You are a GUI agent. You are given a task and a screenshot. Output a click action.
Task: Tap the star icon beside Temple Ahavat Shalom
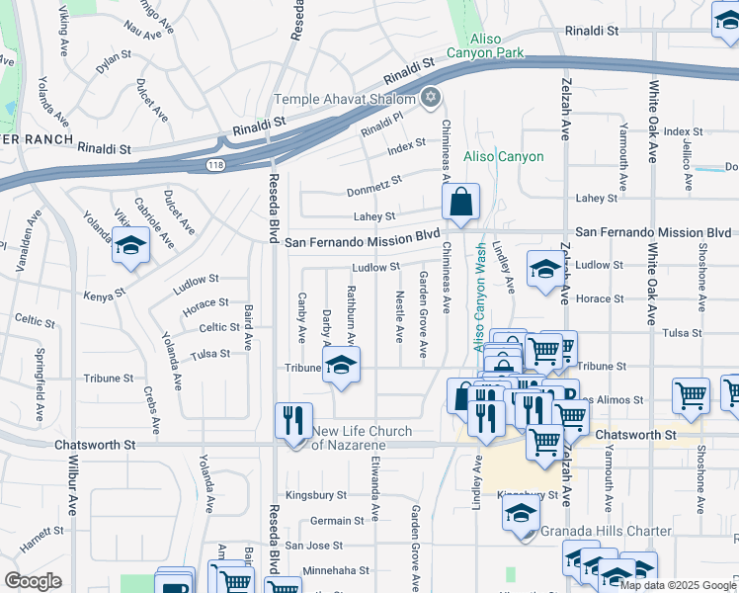click(429, 97)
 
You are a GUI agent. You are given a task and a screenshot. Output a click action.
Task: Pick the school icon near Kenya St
click(130, 247)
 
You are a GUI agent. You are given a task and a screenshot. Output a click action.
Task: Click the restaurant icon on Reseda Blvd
click(293, 421)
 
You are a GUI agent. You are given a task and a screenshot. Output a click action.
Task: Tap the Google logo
click(33, 581)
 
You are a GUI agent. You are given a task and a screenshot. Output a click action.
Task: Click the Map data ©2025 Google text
click(677, 585)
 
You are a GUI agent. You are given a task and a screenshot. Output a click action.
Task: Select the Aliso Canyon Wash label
click(479, 297)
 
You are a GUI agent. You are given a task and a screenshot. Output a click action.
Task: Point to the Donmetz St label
click(374, 185)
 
